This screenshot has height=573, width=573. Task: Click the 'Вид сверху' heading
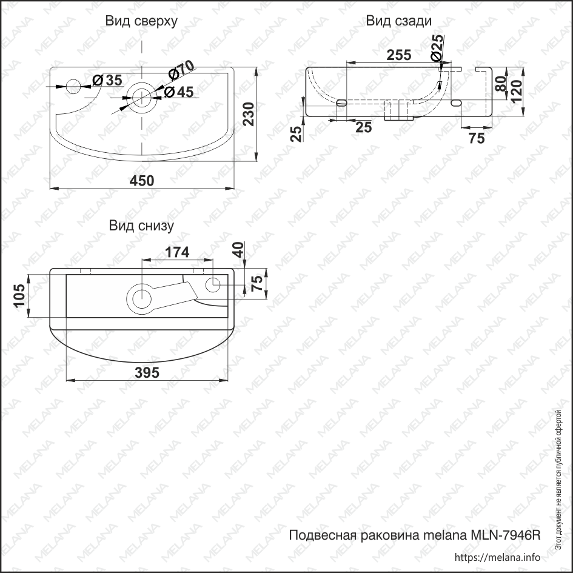tap(141, 21)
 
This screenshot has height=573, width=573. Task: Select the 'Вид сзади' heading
tap(398, 21)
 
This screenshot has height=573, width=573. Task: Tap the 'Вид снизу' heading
tap(141, 226)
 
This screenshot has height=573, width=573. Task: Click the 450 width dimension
tap(141, 181)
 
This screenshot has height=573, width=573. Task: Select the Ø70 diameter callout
tap(180, 70)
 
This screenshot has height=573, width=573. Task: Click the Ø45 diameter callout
tap(178, 92)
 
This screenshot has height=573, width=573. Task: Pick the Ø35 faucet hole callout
tap(106, 80)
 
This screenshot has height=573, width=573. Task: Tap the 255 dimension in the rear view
tap(398, 55)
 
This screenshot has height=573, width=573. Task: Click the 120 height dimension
tap(517, 91)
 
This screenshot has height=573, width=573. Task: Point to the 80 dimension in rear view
tap(501, 83)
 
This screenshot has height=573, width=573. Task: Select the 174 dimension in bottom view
tap(177, 252)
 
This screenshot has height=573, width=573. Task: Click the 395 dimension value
tap(146, 373)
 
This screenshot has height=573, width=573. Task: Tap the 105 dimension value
tap(19, 297)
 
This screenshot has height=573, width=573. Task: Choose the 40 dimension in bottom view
tap(238, 250)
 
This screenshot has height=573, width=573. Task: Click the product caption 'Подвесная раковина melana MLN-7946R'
tap(414, 535)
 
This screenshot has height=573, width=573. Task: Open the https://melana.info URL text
tap(497, 557)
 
